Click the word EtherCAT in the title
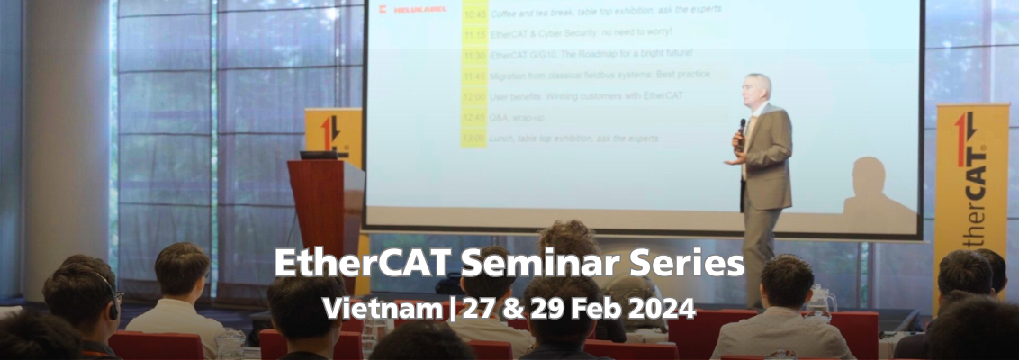(337, 265)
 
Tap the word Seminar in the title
(484, 265)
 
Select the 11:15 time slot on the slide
(474, 34)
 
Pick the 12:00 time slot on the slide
(473, 96)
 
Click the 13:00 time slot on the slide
(473, 138)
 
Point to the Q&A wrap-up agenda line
(517, 117)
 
